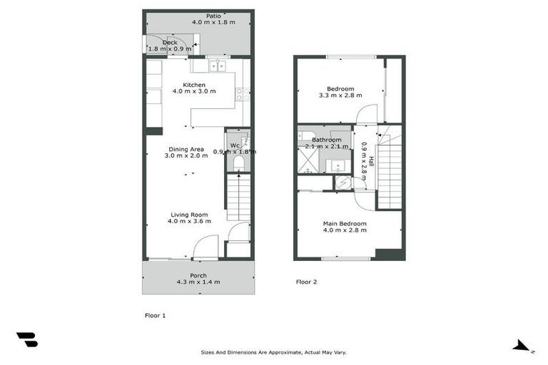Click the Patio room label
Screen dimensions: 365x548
tap(213, 15)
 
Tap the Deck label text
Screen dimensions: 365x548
tap(169, 42)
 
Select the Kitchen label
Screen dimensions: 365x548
tap(194, 85)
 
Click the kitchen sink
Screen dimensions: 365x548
tap(217, 66)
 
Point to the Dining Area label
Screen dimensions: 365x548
tap(186, 149)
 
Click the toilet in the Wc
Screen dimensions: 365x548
tap(239, 165)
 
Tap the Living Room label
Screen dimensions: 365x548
tap(189, 215)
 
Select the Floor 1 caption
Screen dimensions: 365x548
tap(156, 314)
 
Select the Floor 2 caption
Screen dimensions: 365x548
tap(306, 282)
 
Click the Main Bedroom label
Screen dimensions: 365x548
tap(345, 224)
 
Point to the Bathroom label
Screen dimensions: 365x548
tap(327, 140)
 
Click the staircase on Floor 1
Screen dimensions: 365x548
tap(239, 200)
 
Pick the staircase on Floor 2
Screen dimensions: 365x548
tap(390, 175)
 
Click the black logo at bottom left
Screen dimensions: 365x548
tap(27, 339)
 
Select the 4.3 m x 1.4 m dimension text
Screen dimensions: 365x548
tap(198, 282)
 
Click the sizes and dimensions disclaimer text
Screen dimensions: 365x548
tap(273, 352)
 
